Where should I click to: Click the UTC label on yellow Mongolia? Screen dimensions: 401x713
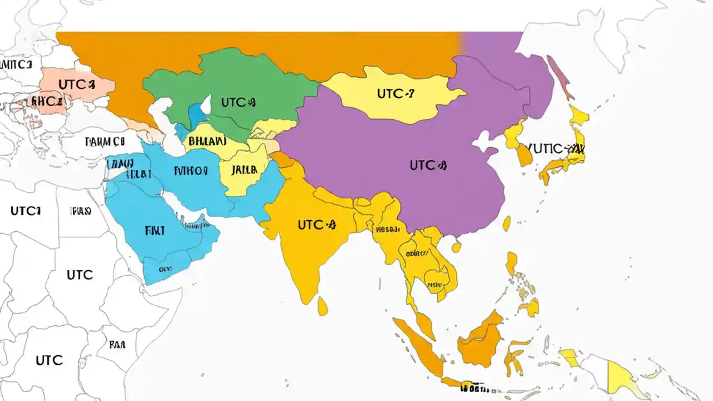395,94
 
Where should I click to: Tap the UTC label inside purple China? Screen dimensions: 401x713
428,165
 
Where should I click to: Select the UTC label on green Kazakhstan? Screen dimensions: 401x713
238,102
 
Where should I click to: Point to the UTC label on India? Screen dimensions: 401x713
318,224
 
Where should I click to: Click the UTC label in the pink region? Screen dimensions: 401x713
76,85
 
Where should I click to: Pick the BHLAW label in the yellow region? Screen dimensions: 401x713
207,141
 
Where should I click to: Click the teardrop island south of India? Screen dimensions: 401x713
323,305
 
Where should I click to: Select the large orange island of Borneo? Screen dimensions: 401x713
480,340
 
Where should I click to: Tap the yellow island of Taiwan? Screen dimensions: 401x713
506,224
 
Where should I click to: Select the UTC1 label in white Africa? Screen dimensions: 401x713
26,211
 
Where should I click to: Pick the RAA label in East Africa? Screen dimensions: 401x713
117,345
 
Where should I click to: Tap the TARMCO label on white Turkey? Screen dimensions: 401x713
106,141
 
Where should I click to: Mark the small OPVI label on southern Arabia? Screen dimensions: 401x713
165,268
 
